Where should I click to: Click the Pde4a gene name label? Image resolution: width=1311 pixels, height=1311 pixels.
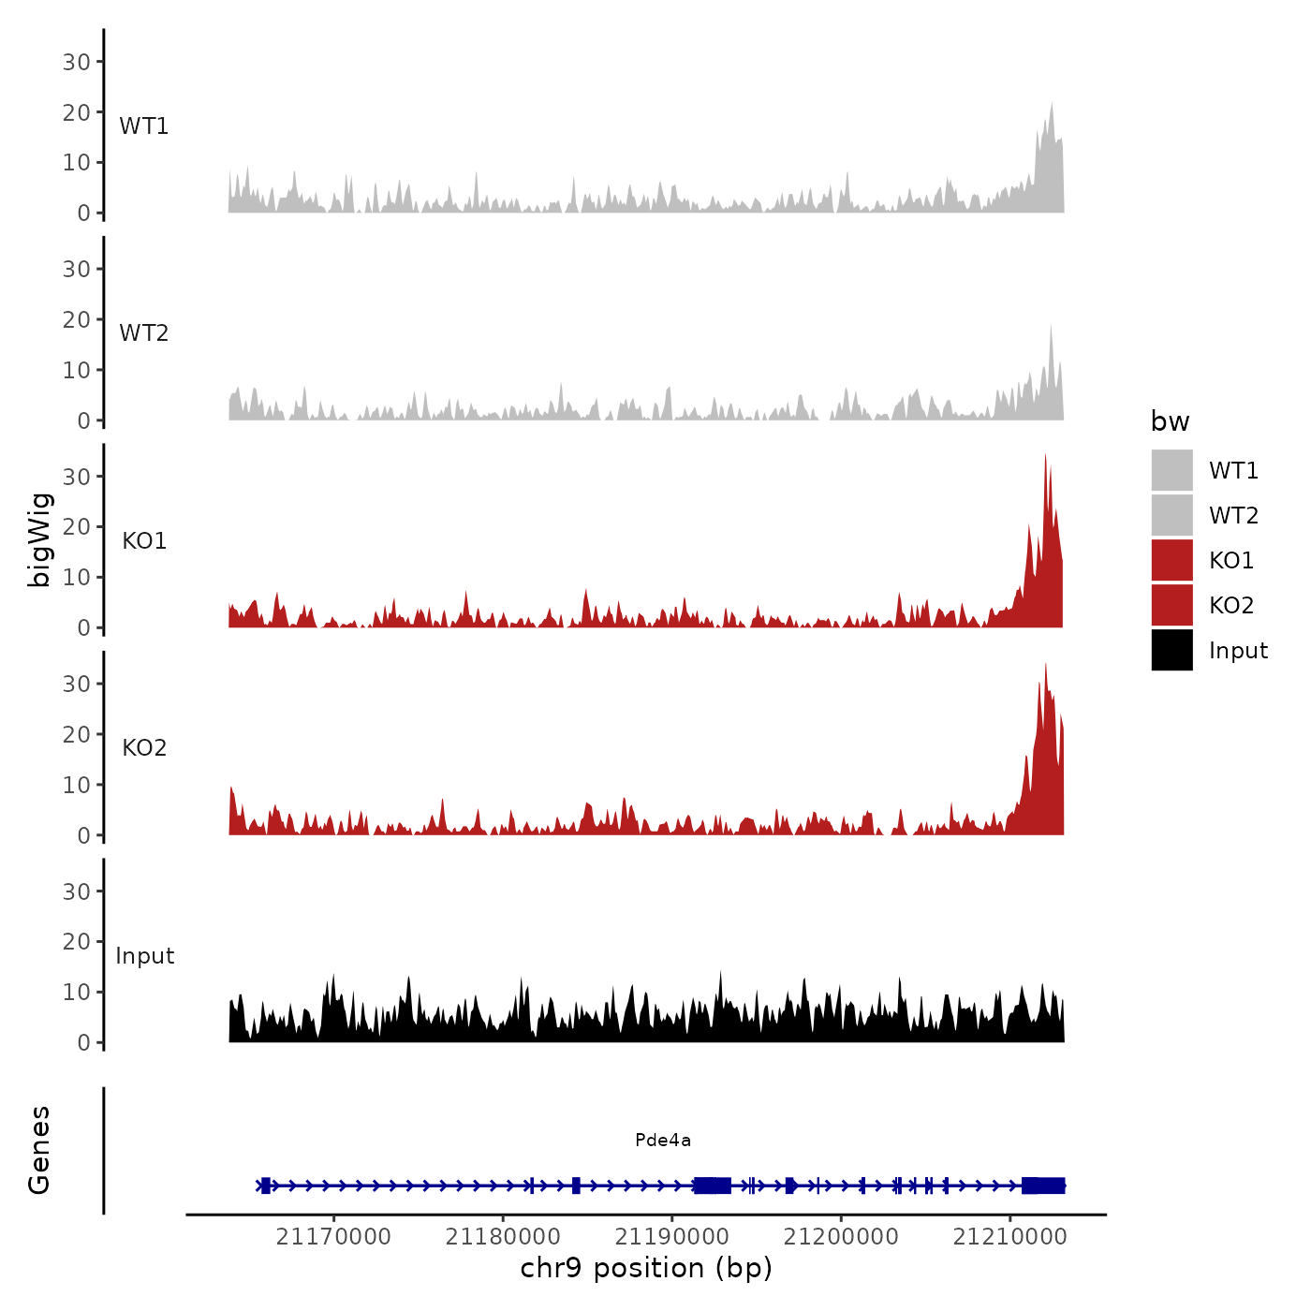click(x=662, y=1140)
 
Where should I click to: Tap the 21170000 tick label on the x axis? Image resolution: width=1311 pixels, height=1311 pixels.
click(x=333, y=1236)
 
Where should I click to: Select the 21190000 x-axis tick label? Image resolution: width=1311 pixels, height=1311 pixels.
click(x=671, y=1236)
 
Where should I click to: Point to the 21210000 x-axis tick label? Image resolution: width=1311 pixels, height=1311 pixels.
click(x=1009, y=1236)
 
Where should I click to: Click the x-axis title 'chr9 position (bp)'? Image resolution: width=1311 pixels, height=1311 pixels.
click(x=646, y=1268)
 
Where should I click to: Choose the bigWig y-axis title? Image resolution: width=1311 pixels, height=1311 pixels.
click(x=39, y=540)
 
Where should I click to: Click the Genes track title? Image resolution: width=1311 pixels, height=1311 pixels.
click(x=39, y=1150)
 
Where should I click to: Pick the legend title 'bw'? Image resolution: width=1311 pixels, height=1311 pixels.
click(x=1170, y=421)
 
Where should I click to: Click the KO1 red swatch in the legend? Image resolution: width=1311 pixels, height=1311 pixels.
click(x=1171, y=560)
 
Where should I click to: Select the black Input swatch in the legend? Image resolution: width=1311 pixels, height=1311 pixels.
click(x=1171, y=650)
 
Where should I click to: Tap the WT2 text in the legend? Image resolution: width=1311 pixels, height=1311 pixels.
click(x=1233, y=515)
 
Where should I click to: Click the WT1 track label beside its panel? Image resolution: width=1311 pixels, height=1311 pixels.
click(x=144, y=125)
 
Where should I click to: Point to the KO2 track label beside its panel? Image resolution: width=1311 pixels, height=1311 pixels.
click(x=144, y=747)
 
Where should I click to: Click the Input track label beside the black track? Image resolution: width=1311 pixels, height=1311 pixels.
click(x=144, y=955)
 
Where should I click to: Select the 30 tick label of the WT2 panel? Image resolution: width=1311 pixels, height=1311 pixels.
click(x=77, y=269)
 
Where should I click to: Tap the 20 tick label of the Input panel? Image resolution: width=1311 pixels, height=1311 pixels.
click(x=77, y=941)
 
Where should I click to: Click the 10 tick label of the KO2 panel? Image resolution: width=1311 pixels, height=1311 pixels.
click(x=77, y=785)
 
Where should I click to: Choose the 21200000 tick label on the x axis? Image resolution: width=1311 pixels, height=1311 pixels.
click(x=840, y=1236)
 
